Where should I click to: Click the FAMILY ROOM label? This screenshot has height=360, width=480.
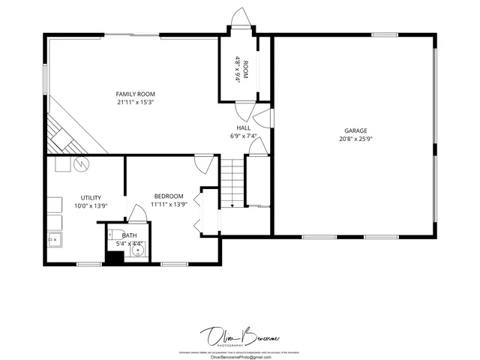point(136,94)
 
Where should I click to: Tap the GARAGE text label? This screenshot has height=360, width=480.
point(355,130)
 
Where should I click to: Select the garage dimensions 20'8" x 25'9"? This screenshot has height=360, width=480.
point(355,139)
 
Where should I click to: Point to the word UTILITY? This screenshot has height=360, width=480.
point(91,197)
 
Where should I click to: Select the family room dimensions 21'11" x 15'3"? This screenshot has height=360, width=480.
point(136,102)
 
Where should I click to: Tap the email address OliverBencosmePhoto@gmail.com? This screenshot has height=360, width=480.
point(239,357)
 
